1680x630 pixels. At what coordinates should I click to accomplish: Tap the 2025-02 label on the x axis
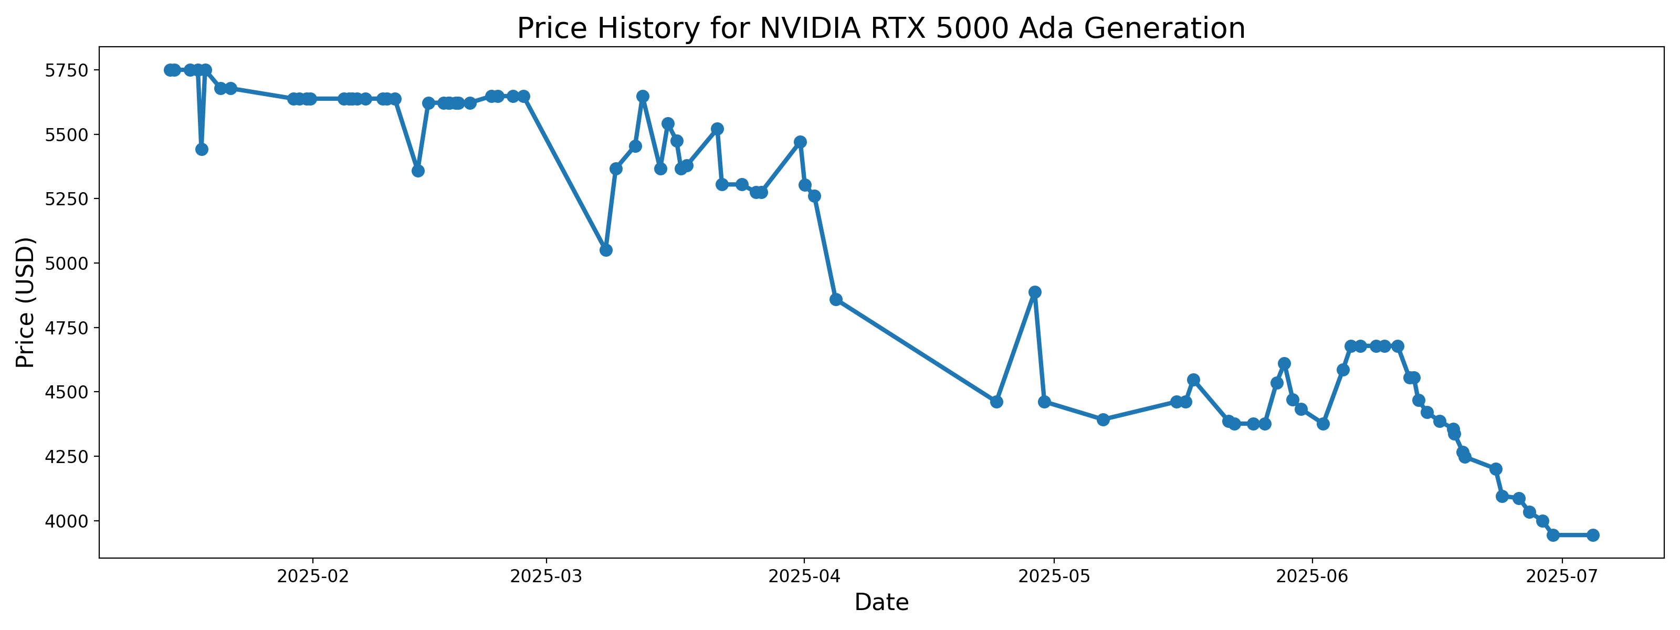pos(313,576)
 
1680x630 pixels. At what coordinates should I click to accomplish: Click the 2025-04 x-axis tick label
pos(803,576)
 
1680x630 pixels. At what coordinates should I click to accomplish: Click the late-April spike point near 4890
pos(1034,292)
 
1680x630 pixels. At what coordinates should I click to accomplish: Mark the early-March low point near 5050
pos(606,250)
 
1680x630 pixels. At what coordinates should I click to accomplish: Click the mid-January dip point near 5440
pos(202,149)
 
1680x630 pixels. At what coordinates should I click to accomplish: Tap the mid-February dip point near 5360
pos(418,171)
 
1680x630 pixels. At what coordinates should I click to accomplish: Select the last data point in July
pos(1593,535)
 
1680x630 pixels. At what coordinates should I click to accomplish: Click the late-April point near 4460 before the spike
pos(996,402)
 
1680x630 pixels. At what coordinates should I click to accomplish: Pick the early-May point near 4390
pos(1103,419)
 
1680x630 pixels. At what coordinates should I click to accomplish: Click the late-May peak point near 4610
pos(1284,363)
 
